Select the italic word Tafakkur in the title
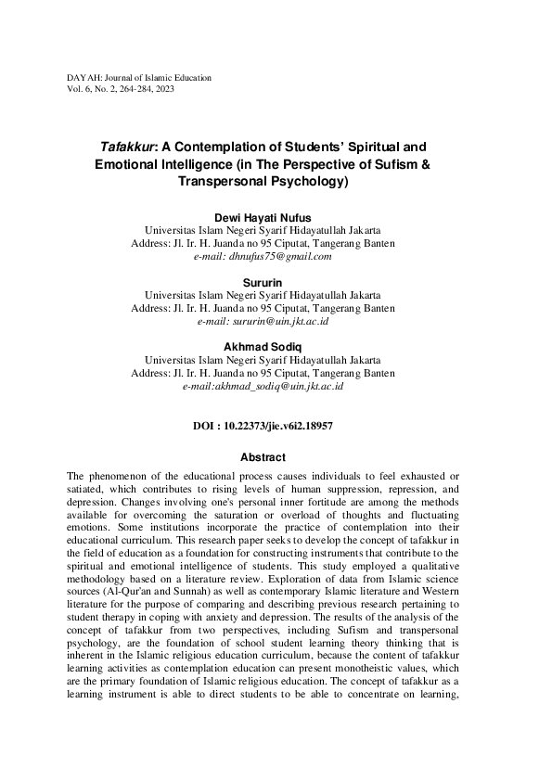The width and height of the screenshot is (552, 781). coord(125,147)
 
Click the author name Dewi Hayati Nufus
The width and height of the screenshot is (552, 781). coord(263,217)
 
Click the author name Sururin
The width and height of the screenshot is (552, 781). coord(263,282)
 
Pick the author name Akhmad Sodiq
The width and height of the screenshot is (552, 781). coord(263,347)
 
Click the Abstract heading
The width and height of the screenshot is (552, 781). coord(263,457)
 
